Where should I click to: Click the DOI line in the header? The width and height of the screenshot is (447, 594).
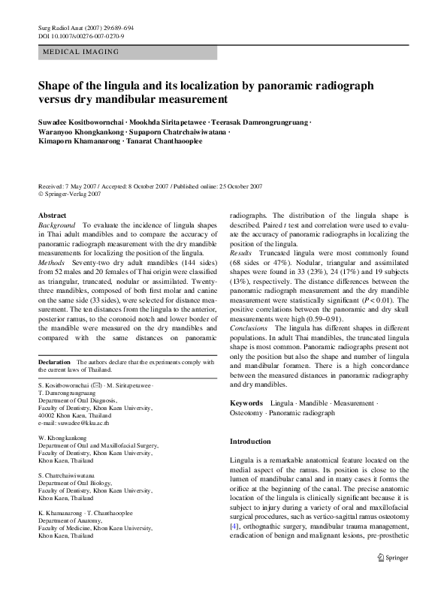80,35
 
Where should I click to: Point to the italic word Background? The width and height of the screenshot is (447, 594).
57,225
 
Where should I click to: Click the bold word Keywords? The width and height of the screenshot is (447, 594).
246,403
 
